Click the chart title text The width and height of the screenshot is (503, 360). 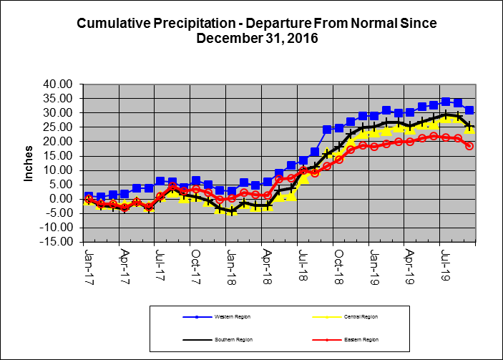[255, 30]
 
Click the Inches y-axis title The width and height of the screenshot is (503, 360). [29, 164]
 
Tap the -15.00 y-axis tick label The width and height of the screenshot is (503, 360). [59, 242]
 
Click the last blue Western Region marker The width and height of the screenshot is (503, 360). [469, 110]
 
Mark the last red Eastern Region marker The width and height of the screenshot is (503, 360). [469, 145]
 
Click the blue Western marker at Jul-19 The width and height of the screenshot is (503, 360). [446, 102]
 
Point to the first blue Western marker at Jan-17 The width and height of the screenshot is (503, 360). [89, 196]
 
